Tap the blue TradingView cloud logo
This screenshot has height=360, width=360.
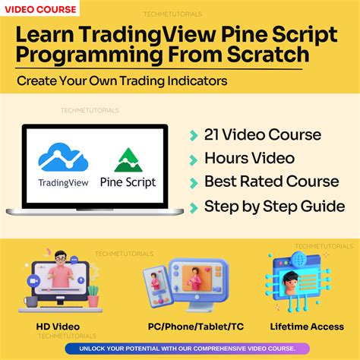click(63, 156)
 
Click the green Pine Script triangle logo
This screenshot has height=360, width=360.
click(128, 160)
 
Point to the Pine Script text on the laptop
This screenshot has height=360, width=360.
click(128, 182)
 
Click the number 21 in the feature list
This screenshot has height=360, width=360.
click(214, 135)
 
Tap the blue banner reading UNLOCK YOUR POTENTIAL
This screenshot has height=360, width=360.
click(180, 349)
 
